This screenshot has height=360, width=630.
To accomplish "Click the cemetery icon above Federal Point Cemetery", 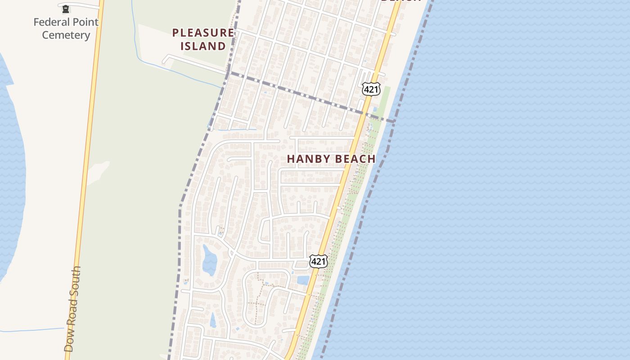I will pos(66,8).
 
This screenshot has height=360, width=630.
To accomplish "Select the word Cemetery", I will pos(66,35).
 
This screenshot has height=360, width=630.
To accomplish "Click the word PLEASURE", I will pos(203,33).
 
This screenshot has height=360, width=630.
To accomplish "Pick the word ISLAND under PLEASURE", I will pos(203,46).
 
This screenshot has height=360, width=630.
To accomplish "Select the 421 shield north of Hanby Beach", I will pos(371,89).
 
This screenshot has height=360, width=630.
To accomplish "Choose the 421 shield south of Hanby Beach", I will pos(318,261).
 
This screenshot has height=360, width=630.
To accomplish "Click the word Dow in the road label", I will pos(69,342).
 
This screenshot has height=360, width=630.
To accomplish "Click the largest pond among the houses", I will pos(209,259).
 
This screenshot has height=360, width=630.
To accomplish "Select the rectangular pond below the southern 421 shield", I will pos(303,280).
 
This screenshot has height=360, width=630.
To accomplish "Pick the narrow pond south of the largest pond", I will pos(213,319).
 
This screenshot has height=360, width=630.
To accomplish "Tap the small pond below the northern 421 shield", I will pos(374,109).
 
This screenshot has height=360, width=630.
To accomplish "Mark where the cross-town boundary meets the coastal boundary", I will pos(394,121).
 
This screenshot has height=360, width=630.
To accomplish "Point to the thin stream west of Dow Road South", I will pos(31,330).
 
